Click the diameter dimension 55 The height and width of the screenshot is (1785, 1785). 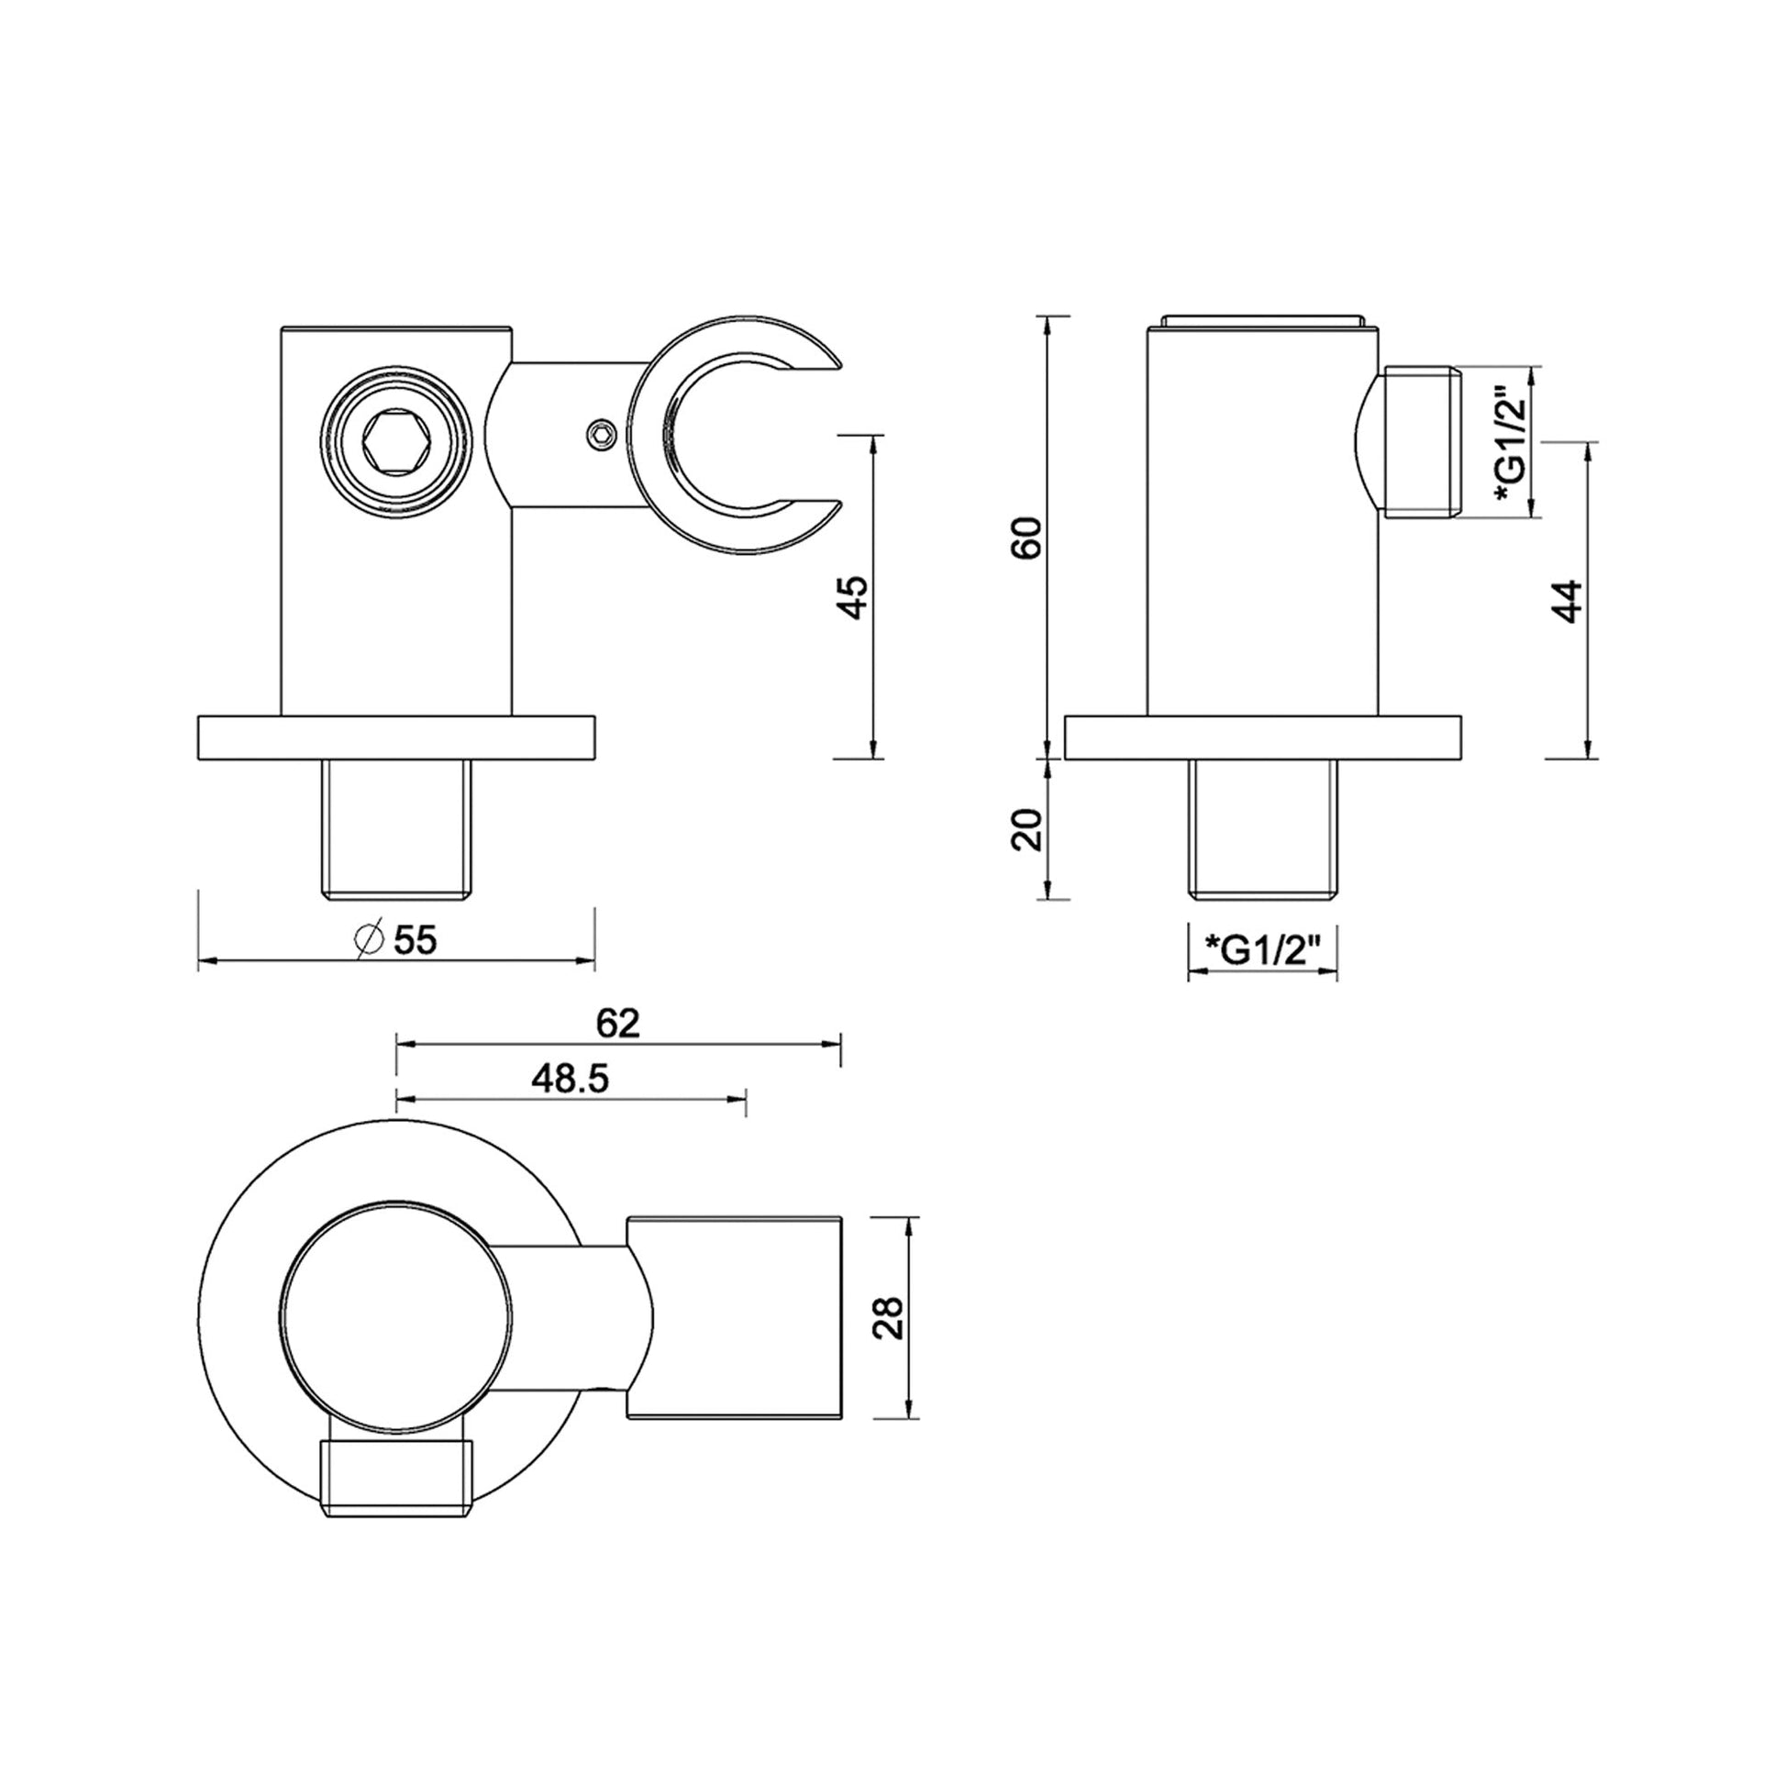(415, 940)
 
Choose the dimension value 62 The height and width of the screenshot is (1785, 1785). (618, 1023)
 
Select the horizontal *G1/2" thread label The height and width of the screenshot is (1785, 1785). (1262, 949)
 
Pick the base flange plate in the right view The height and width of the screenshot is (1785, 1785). (1262, 737)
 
